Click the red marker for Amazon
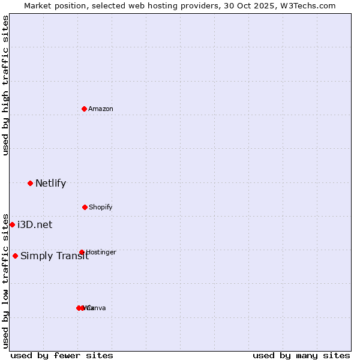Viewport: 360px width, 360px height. point(85,109)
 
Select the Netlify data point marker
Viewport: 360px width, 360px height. point(30,183)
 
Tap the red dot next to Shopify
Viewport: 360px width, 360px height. point(85,207)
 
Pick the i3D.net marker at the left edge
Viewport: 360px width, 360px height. point(12,224)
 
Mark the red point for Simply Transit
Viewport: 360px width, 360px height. point(15,256)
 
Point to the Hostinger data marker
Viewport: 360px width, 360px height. point(82,252)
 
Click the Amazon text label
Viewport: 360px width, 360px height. point(101,109)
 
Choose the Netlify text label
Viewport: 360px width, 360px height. point(50,184)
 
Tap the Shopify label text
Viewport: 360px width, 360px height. point(101,207)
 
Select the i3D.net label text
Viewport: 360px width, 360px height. point(35,225)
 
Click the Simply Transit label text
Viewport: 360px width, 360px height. point(55,256)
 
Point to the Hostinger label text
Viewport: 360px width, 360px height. point(101,252)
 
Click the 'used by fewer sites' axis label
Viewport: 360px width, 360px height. point(62,355)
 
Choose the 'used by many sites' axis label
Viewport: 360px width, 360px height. point(301,355)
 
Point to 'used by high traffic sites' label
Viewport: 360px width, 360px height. point(5,85)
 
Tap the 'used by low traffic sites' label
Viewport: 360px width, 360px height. point(5,281)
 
